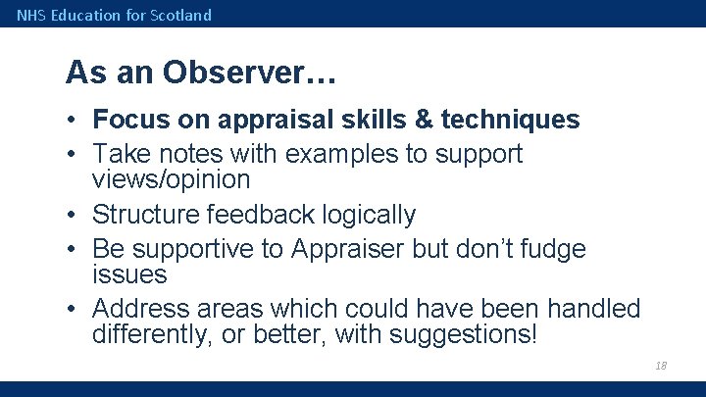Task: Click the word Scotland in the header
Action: [181, 15]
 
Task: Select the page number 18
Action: [660, 366]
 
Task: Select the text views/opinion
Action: [171, 179]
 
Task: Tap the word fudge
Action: [549, 249]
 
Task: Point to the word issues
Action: [129, 274]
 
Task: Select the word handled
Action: [593, 310]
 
